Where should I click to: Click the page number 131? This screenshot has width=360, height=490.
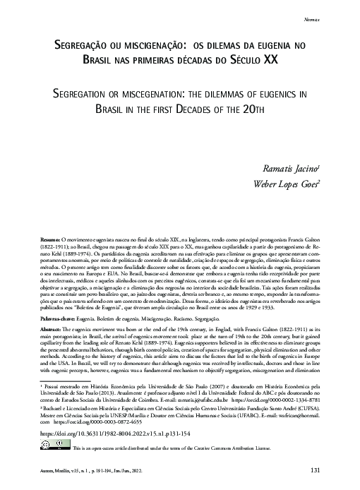(x=316, y=470)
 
